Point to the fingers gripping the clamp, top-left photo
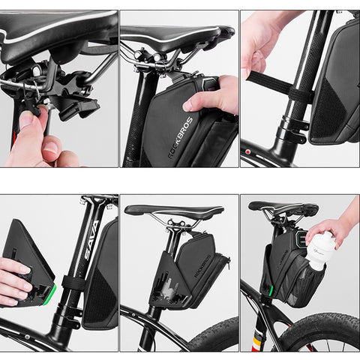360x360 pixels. click(x=34, y=131)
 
